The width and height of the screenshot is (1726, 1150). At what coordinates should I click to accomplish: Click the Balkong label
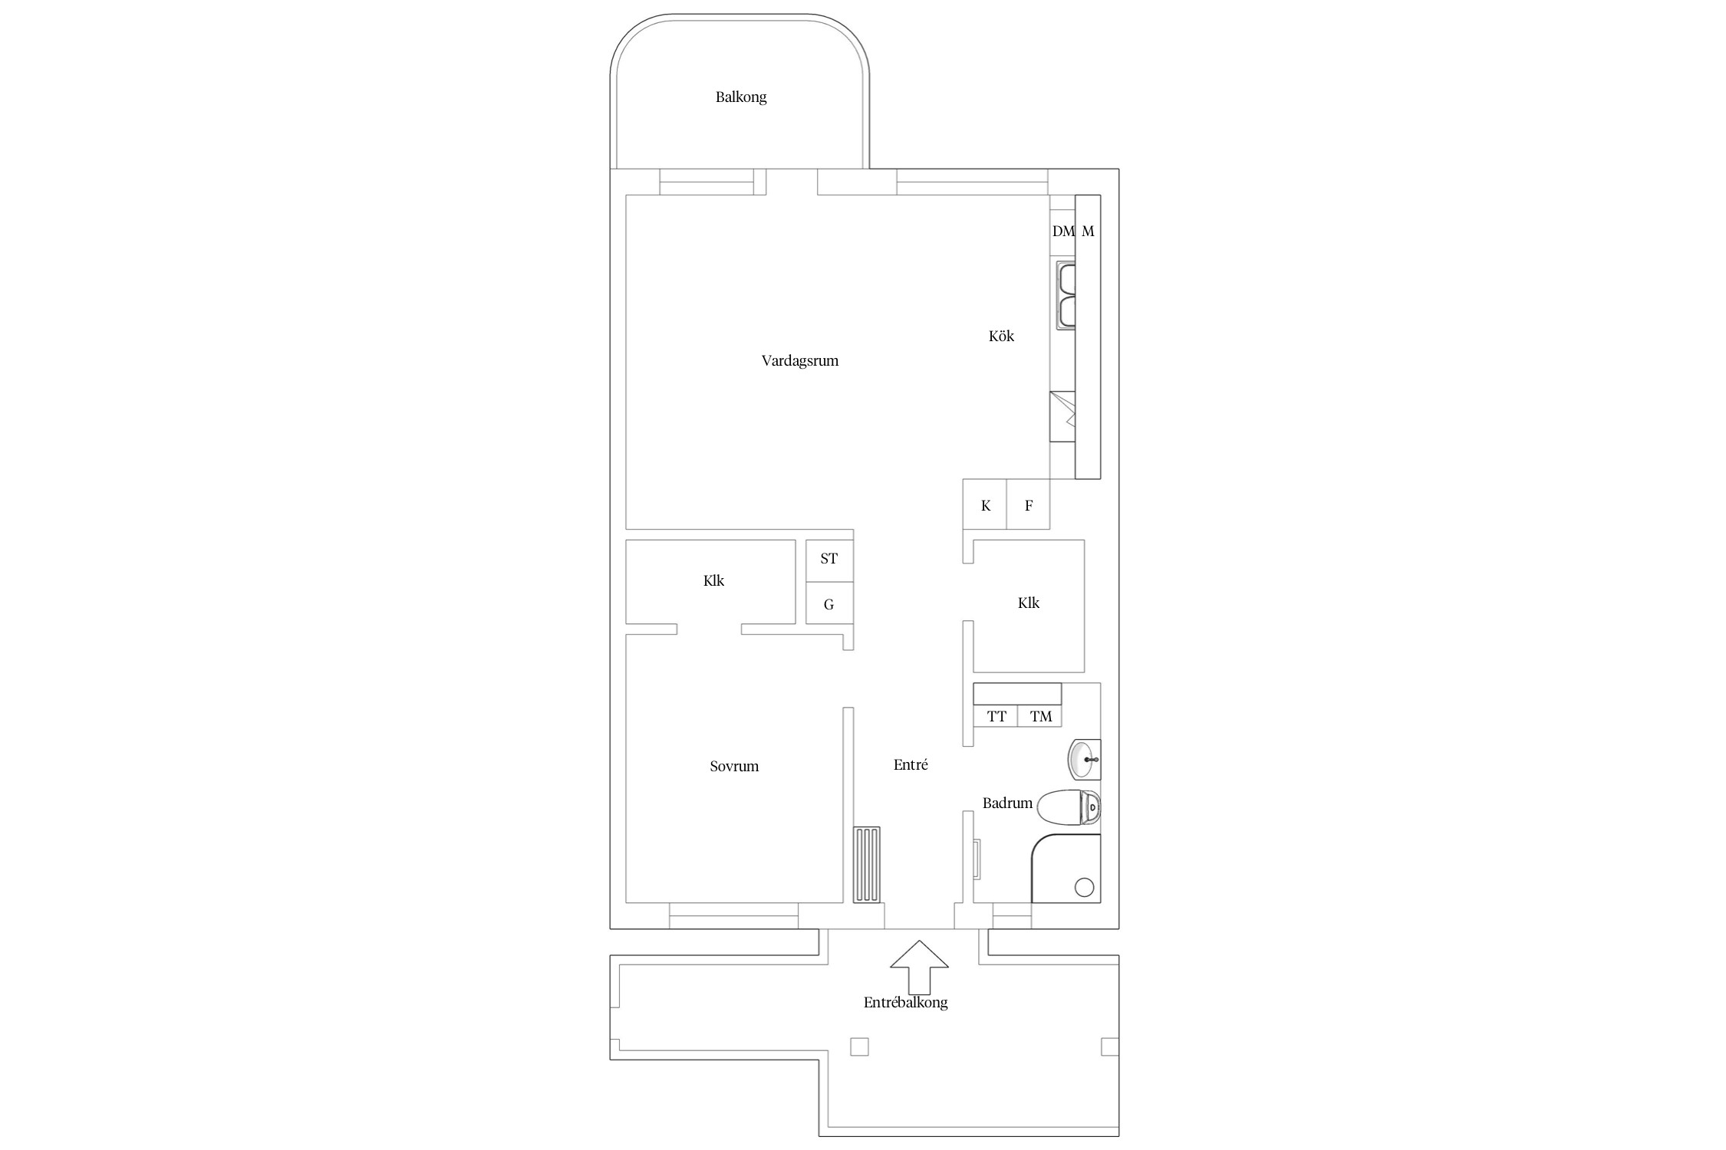click(x=741, y=97)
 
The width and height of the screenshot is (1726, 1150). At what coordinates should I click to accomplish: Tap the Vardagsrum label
click(x=800, y=361)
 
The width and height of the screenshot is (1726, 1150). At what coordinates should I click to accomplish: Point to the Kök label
click(x=1001, y=336)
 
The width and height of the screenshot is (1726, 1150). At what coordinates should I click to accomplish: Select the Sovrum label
click(x=734, y=766)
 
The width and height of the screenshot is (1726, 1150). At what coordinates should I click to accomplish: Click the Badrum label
click(x=1007, y=803)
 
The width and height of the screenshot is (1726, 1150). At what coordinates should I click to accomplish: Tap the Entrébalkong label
click(x=906, y=1003)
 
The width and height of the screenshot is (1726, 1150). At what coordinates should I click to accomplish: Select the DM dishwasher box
click(x=1062, y=231)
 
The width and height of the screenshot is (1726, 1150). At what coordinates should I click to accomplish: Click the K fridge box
click(x=985, y=504)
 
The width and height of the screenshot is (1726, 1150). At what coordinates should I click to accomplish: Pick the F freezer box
click(x=1028, y=504)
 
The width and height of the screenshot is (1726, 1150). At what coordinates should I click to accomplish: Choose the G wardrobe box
click(x=829, y=603)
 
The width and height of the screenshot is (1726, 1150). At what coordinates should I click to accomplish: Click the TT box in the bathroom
click(x=996, y=716)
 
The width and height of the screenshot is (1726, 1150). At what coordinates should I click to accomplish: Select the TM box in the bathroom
click(x=1040, y=716)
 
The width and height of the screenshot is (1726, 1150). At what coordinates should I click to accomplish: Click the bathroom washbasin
click(x=1084, y=760)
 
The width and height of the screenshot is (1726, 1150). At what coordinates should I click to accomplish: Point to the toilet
click(x=1069, y=807)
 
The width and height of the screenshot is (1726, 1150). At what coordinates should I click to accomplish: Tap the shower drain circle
click(x=1084, y=887)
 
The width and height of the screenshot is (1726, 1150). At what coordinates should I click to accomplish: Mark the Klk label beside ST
click(x=713, y=581)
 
